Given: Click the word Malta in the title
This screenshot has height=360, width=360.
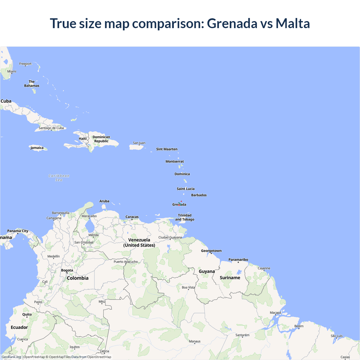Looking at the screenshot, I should click(x=292, y=23).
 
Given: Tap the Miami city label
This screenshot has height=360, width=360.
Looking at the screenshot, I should click(x=12, y=71).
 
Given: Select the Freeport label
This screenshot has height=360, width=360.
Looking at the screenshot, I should click(x=25, y=64).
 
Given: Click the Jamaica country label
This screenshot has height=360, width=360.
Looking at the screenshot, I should click(x=37, y=148).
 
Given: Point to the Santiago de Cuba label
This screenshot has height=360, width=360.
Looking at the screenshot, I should click(x=51, y=128).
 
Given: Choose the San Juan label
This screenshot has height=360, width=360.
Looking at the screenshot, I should click(x=139, y=143).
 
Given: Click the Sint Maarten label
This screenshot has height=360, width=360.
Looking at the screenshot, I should click(x=167, y=149).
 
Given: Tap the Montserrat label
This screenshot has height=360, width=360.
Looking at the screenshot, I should click(x=175, y=161).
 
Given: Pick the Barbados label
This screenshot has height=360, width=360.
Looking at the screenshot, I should click(x=199, y=195).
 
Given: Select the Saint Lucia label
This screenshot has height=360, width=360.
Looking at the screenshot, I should click(x=186, y=189).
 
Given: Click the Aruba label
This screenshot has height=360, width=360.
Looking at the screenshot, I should click(x=104, y=201).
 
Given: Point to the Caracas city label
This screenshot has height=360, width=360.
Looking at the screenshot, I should click(x=132, y=217).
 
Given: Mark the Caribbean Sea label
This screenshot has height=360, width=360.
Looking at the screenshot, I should click(x=59, y=178).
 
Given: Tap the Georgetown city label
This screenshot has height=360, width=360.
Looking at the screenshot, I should click(x=211, y=251).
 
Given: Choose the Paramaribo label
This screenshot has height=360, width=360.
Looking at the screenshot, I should click(x=238, y=260).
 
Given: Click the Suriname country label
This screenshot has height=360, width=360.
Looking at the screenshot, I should click(x=230, y=278).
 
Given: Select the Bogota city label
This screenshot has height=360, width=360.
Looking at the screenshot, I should click(x=67, y=270).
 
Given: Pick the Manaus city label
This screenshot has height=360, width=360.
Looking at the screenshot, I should click(x=195, y=341).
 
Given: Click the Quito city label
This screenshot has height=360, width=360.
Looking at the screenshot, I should click(x=27, y=314).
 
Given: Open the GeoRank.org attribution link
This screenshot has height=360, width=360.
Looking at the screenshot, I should click(x=11, y=357).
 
